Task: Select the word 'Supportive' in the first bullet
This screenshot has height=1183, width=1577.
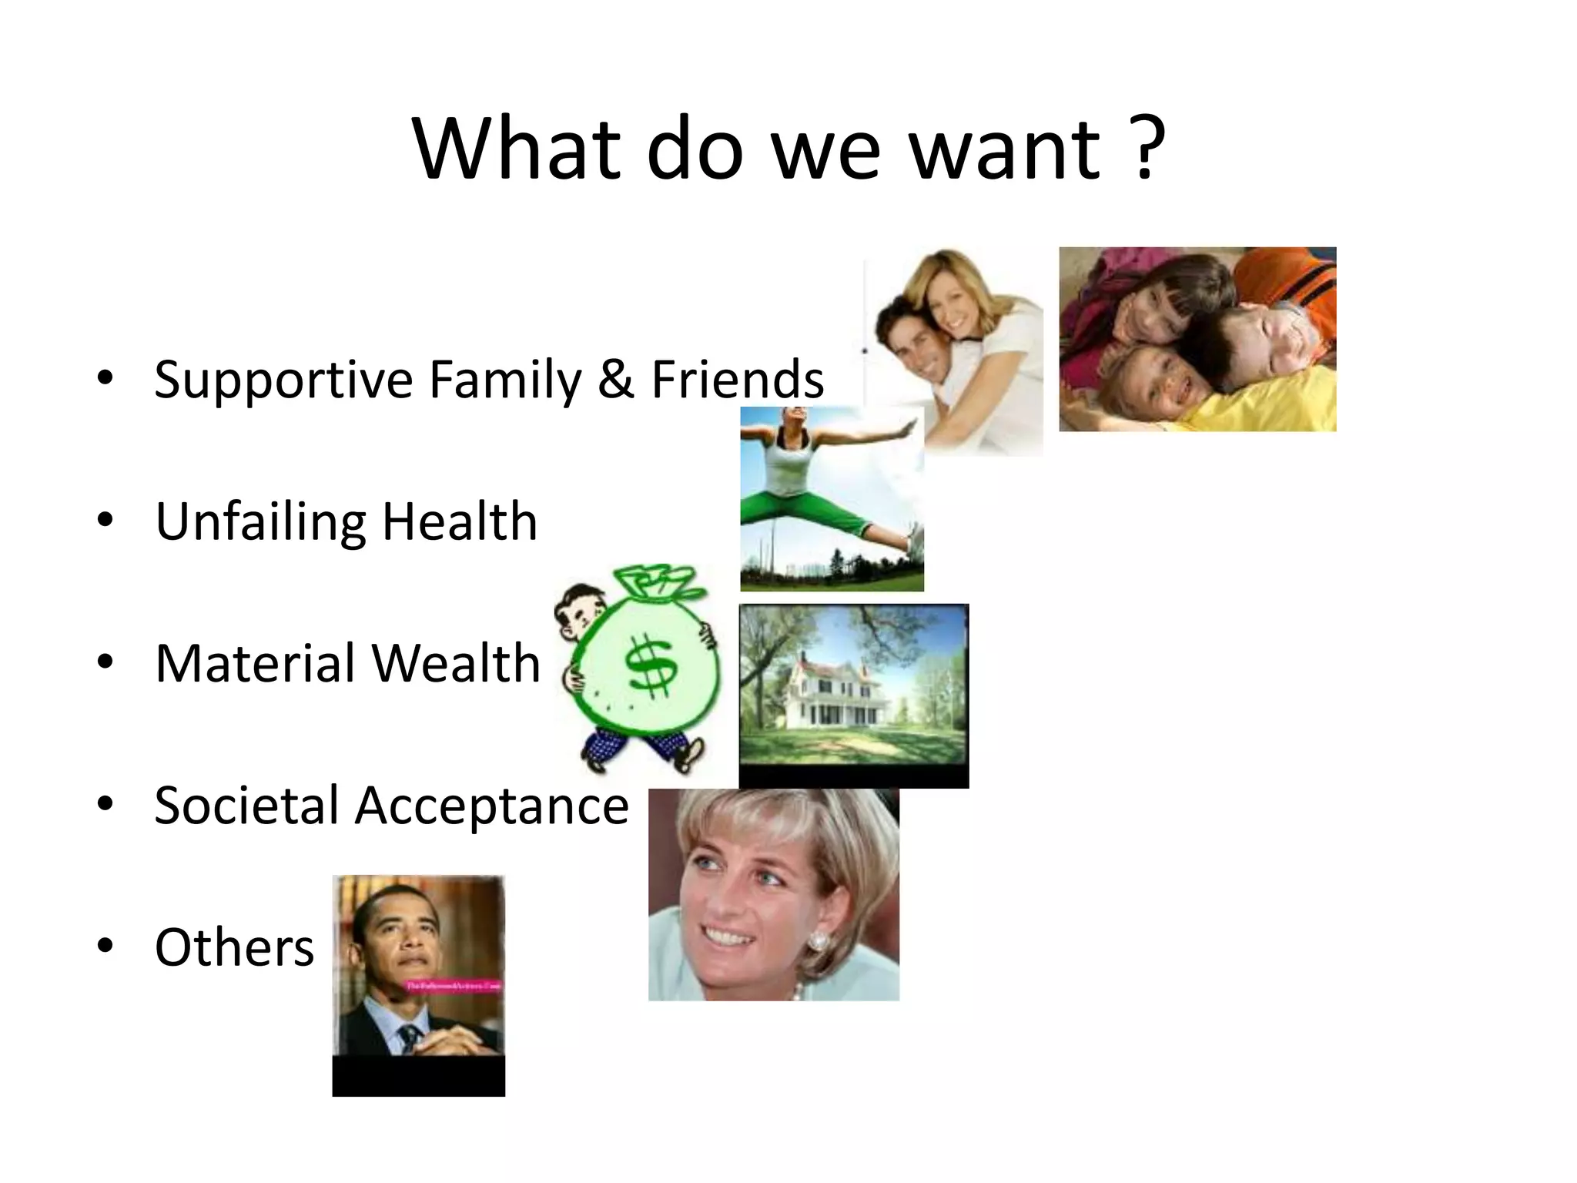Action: [283, 380]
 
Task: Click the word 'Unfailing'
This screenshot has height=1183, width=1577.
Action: [260, 522]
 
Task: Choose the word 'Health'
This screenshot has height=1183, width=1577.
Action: [460, 521]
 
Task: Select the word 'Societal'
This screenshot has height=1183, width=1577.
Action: [246, 806]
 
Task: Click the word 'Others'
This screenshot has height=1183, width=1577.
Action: [234, 947]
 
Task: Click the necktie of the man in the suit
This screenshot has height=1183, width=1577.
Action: [409, 1036]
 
